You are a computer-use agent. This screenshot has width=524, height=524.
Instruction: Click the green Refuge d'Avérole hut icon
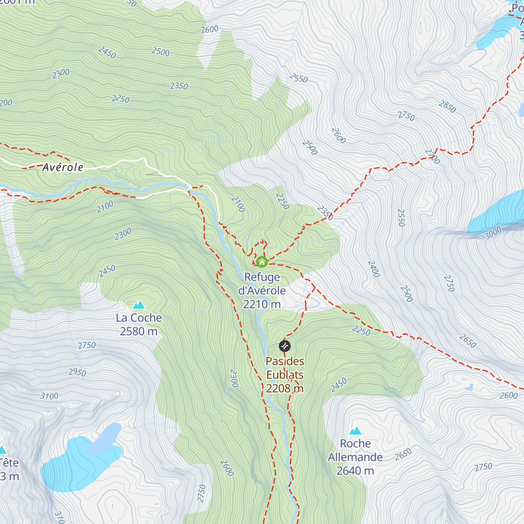pos(262,262)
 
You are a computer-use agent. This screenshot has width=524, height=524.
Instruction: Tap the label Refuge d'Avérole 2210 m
pos(262,291)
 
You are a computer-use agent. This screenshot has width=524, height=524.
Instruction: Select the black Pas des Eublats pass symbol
pos(285,346)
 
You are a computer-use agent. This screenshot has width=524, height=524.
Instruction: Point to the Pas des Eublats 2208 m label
pos(285,375)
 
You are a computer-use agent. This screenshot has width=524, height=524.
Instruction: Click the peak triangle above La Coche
pos(139,305)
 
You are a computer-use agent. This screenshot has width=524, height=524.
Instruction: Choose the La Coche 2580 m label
pos(139,324)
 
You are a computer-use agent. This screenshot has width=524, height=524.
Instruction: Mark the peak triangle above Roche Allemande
pos(355,431)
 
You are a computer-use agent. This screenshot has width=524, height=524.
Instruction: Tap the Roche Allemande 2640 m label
pos(355,457)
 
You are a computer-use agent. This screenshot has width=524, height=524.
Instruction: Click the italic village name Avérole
pos(63,167)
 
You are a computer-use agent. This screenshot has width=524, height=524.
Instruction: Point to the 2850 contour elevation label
pos(447,107)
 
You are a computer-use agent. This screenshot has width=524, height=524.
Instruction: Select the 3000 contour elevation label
pos(493,233)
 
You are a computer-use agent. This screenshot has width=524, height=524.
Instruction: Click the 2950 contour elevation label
pos(77,372)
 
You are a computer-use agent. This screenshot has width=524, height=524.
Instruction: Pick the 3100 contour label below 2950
pos(49,396)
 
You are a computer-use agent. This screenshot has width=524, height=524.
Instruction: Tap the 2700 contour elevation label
pos(432,156)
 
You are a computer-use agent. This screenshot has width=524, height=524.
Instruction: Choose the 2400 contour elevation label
pos(374,269)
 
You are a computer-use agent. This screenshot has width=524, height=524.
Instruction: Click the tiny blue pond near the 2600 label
pos(469,387)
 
